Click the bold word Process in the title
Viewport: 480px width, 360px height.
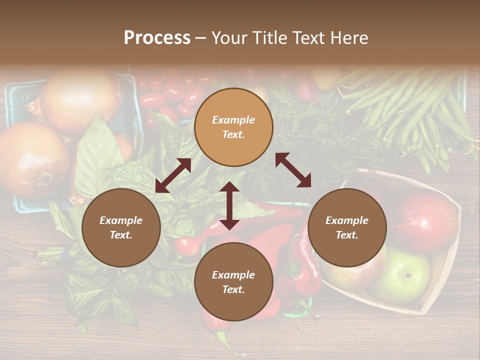pos(157,38)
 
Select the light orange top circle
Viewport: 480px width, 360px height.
pos(233,127)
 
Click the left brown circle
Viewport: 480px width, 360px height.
pos(121,228)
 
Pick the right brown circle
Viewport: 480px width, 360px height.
pos(347,228)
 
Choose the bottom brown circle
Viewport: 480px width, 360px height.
pos(233,282)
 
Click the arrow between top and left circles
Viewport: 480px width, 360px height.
pos(173,175)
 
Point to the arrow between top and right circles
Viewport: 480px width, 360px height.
pos(293,170)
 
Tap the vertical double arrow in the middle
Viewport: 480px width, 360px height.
pos(229,205)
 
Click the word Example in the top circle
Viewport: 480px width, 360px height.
pos(233,120)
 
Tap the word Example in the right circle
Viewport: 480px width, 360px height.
pos(347,220)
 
